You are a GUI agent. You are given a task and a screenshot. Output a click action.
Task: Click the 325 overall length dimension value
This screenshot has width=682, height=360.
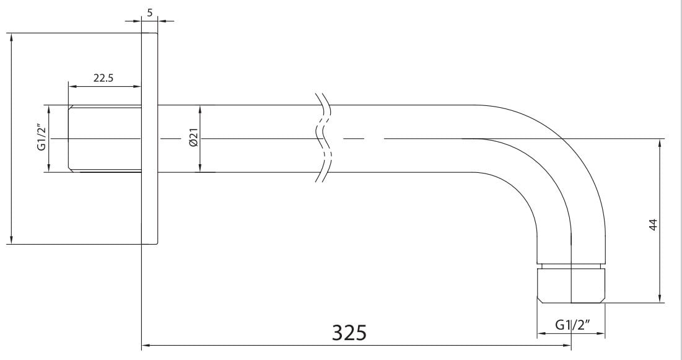click(349, 333)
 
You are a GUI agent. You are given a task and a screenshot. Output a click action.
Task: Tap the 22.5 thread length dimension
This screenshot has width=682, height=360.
click(103, 78)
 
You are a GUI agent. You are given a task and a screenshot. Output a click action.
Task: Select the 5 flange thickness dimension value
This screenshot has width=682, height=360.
click(150, 12)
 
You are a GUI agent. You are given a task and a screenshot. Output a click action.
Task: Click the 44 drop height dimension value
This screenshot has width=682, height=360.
click(653, 225)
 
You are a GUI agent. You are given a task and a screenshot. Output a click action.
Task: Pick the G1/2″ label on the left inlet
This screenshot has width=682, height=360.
click(42, 138)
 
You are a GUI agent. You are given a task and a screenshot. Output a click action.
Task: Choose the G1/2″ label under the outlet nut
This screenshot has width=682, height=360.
click(573, 325)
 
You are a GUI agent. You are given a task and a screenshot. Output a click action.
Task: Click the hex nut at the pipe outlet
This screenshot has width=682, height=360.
click(571, 286)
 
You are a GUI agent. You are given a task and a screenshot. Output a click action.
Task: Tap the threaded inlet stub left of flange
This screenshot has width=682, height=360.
click(105, 139)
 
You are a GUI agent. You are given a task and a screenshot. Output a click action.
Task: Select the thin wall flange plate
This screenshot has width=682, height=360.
click(150, 138)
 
